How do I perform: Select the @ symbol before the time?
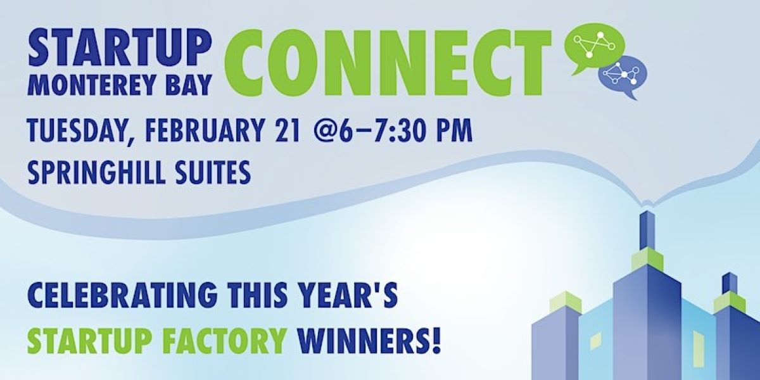(x=326, y=131)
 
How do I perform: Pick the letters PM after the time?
(x=454, y=130)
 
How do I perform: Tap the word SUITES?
(x=215, y=173)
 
